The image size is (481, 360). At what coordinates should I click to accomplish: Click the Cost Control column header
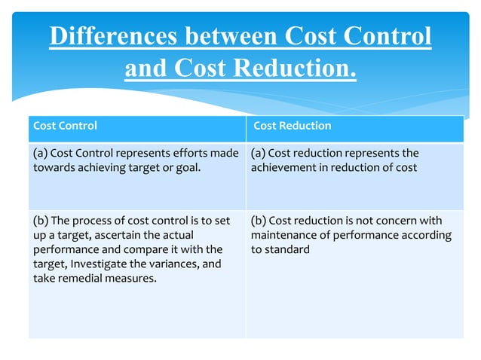pyautogui.click(x=65, y=126)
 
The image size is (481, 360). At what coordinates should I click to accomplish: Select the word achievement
pyautogui.click(x=284, y=167)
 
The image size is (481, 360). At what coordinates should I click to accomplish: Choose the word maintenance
pyautogui.click(x=283, y=235)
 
